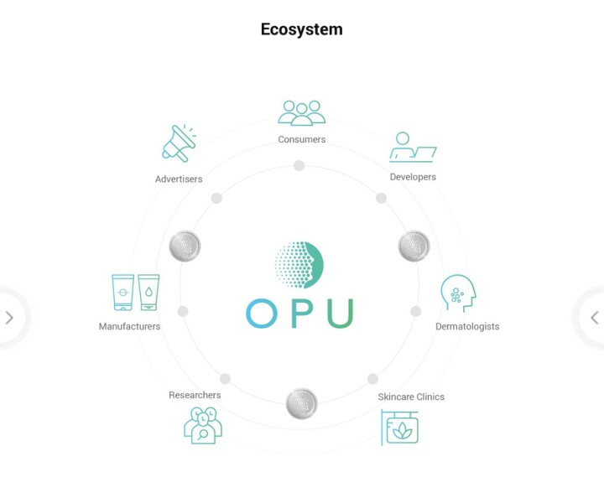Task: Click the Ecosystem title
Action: coord(301,29)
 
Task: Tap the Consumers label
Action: coord(302,139)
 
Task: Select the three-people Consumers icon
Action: coord(302,113)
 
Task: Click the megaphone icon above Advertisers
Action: coord(178,143)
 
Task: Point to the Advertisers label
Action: coord(179,179)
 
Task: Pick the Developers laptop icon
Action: coord(413,148)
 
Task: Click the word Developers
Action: coord(413,177)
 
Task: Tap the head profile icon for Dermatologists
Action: coord(458,293)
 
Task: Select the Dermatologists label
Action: coord(467,326)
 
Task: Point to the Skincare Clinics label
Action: coord(411,397)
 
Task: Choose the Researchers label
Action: coord(195,395)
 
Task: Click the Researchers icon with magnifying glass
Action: coord(202,425)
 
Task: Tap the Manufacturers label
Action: coord(129,326)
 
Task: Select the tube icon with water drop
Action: coord(148,293)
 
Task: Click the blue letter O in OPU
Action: coord(262,313)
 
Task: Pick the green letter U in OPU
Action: coord(340,313)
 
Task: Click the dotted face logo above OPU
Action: coord(299,263)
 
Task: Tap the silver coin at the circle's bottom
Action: coord(301,403)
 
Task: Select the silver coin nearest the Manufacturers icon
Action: coord(185,246)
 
